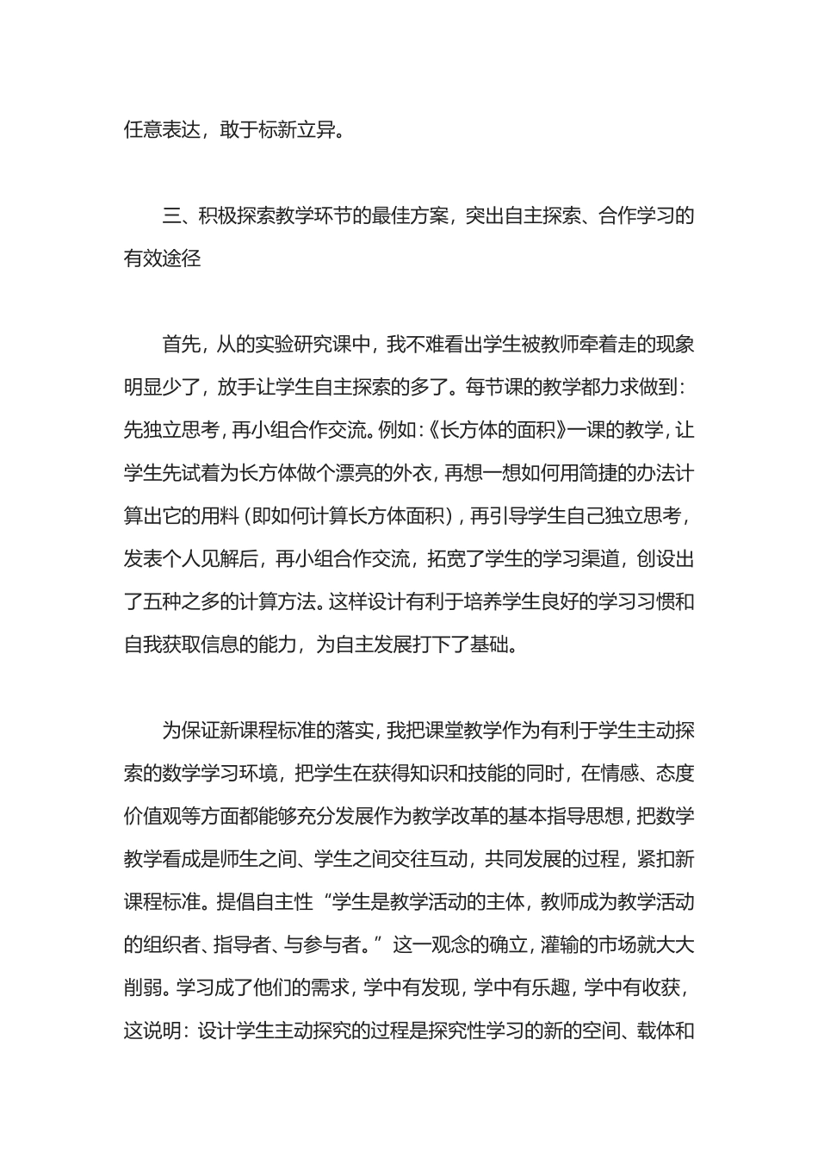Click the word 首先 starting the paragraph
pos(181,345)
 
